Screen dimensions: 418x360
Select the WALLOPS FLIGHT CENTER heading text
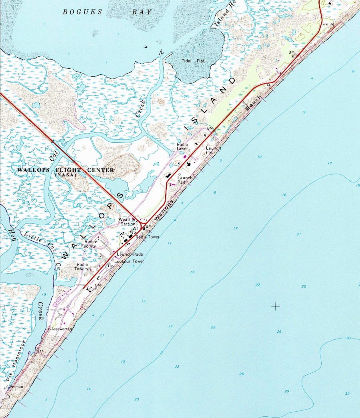click(66, 170)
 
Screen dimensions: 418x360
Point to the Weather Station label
click(127, 222)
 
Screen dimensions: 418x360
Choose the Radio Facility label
click(90, 244)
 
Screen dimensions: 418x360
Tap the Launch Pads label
click(130, 254)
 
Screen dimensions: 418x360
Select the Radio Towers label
click(82, 266)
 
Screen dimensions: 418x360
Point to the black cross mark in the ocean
click(276, 306)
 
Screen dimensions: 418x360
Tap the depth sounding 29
click(286, 391)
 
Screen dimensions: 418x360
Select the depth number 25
click(304, 286)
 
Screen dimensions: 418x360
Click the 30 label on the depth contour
click(348, 338)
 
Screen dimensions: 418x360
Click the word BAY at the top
click(142, 12)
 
